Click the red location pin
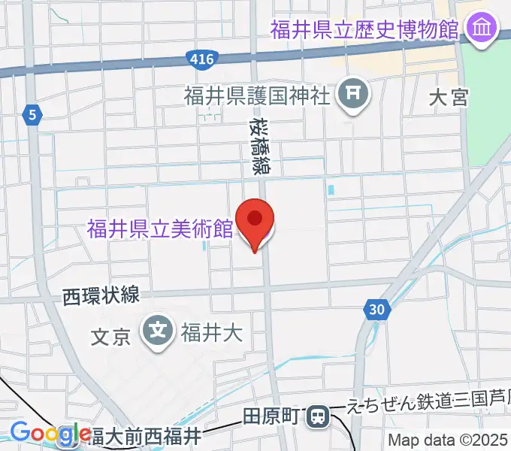[255, 220]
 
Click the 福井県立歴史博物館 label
[364, 30]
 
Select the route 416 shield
[201, 58]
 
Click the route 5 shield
[32, 114]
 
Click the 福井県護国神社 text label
[258, 96]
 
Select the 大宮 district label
[449, 97]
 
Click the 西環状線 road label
[101, 296]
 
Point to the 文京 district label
[111, 336]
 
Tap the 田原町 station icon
[319, 416]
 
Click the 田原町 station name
[274, 416]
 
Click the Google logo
[50, 434]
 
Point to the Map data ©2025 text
[448, 440]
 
